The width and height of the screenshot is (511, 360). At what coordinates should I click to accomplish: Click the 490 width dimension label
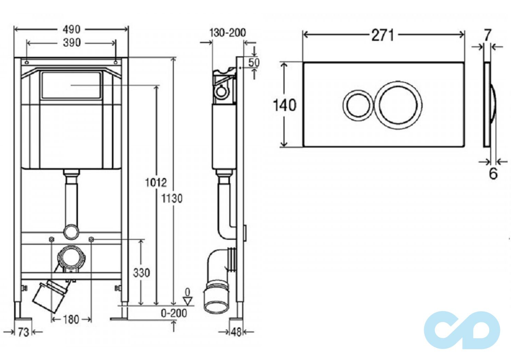point(72,30)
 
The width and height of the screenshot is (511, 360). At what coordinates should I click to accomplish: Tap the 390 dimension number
point(72,43)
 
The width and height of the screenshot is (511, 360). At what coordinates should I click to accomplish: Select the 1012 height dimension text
point(156,182)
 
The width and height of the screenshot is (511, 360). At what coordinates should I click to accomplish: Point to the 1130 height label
point(172,199)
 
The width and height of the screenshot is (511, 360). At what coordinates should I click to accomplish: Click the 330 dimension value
point(141,273)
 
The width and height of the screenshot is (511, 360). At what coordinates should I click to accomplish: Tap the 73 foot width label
point(23,333)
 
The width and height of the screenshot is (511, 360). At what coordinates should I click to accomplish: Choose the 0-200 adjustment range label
point(174,313)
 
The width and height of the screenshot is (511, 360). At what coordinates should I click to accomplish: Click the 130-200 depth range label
point(228,33)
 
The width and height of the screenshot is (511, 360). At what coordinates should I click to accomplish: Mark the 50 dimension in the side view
point(254,63)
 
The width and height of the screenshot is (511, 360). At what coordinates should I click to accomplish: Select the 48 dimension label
point(236,332)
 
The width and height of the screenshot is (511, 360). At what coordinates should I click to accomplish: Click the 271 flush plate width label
point(383,36)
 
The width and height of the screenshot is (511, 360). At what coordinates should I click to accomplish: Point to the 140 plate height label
point(285,105)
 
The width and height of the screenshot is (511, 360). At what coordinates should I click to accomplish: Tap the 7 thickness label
point(487,35)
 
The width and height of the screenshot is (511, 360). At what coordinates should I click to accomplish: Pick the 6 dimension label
point(493,174)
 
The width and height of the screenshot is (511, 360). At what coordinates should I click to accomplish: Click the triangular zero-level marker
point(188,301)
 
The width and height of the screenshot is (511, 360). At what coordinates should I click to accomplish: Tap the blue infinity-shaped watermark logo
point(462,330)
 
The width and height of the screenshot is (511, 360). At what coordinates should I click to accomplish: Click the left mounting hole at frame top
point(27,62)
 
